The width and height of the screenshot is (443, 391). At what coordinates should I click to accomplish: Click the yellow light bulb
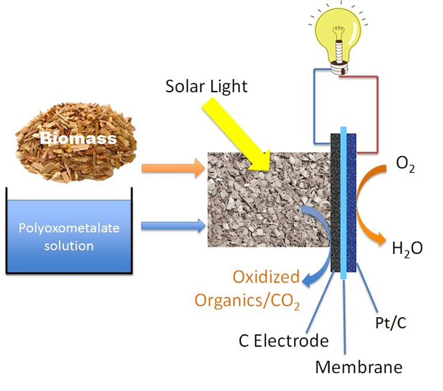tap(338, 43)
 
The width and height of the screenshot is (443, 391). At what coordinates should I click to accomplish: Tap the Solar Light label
tap(207, 86)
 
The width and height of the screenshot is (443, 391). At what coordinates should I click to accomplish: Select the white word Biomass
tap(78, 138)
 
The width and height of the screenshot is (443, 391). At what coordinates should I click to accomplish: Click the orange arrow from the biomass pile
tap(173, 168)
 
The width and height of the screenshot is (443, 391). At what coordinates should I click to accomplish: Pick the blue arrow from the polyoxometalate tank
tap(173, 226)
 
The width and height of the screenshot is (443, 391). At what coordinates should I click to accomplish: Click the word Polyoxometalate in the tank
tap(69, 228)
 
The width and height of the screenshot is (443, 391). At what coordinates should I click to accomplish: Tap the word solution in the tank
tap(69, 246)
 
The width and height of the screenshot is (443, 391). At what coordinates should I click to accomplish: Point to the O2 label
tap(405, 164)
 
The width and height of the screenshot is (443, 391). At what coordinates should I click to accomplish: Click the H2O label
tap(408, 249)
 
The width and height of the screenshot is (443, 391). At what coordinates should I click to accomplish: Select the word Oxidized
tap(266, 276)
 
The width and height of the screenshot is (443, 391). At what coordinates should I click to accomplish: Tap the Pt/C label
tap(390, 322)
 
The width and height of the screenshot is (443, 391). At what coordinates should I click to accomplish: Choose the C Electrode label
tap(284, 341)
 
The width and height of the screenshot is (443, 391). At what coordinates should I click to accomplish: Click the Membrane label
tap(359, 367)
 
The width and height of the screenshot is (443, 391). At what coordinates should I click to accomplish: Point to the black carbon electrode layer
tap(335, 203)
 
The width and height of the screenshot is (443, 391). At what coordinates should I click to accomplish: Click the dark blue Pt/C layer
tap(351, 203)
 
